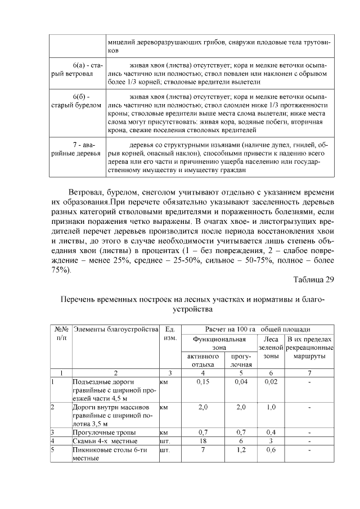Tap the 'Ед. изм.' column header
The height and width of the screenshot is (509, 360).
pos(169,334)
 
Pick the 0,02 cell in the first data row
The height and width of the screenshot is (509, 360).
pos(271,382)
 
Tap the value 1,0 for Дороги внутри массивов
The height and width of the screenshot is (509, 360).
pos(271,407)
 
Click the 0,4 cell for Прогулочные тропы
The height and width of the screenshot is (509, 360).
pos(271,433)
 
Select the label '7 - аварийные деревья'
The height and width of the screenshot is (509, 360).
pos(75,148)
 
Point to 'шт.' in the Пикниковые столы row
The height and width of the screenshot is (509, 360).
pos(165,450)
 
